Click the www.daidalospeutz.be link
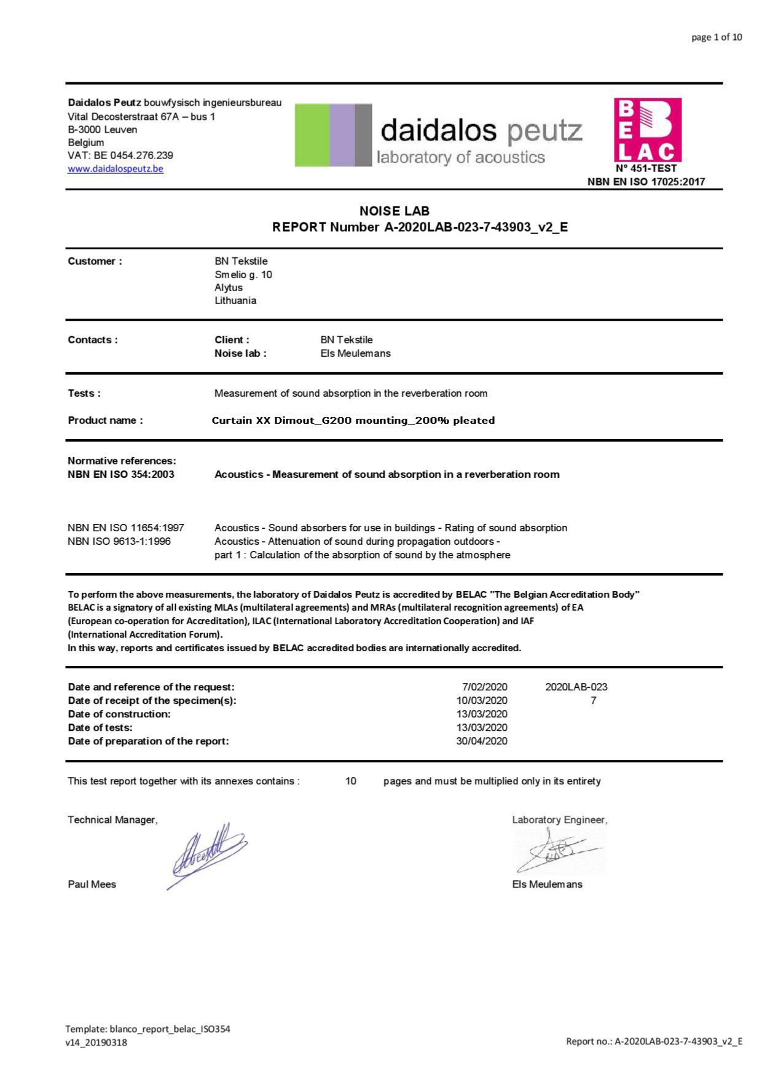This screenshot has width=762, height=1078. tap(116, 169)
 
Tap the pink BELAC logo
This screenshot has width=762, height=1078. tap(648, 130)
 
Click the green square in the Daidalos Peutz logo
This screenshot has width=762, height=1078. tap(312, 135)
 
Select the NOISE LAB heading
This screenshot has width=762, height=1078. tap(395, 211)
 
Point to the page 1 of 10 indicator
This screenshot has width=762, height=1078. tap(717, 37)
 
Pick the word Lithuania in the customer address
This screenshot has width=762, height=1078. tap(235, 300)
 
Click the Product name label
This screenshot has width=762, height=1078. tap(105, 420)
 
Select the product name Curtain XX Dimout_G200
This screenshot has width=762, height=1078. tap(353, 420)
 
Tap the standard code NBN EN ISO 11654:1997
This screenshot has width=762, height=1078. tap(126, 528)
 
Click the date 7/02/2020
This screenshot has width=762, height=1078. tap(485, 687)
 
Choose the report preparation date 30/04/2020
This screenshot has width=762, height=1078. tap(482, 741)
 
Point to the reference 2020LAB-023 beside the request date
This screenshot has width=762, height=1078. tap(576, 687)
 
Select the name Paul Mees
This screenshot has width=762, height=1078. tap(92, 885)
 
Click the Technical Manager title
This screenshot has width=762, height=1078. tap(112, 820)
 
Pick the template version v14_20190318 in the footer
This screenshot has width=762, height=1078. tap(96, 1042)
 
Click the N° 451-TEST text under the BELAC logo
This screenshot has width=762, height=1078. tap(646, 168)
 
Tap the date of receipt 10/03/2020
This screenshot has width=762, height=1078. tap(482, 700)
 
